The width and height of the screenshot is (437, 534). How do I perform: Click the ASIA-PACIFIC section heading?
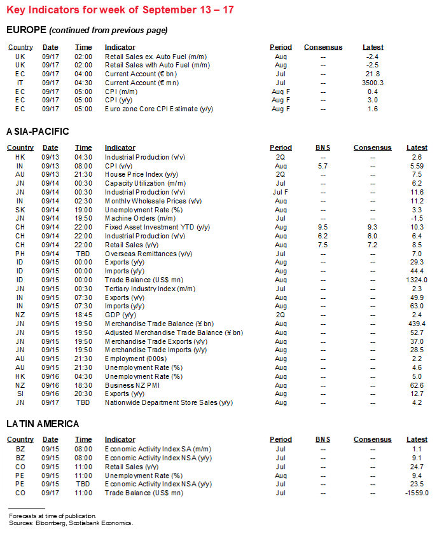[38, 132]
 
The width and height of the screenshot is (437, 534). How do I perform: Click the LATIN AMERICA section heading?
[43, 424]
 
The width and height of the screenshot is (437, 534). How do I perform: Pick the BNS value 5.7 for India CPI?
[323, 165]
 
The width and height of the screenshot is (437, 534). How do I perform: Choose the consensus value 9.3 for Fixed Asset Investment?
[373, 227]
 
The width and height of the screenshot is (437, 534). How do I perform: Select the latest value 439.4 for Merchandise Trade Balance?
[417, 324]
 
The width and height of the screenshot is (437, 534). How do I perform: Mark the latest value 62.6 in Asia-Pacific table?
[417, 385]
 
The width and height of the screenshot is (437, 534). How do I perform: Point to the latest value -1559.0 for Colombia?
[417, 492]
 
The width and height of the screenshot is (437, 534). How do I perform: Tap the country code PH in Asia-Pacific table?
[20, 254]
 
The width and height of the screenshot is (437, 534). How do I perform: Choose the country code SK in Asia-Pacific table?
[20, 209]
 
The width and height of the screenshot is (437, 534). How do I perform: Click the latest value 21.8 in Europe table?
[373, 74]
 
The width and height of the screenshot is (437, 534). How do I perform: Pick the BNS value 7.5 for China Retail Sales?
[323, 245]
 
